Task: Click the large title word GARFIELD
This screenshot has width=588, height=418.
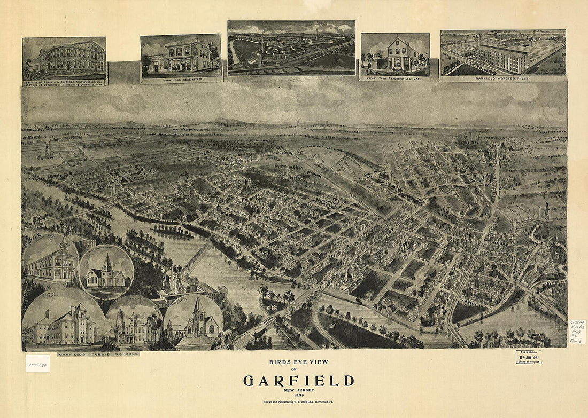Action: point(298,381)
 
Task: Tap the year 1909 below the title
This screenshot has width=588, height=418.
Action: point(298,395)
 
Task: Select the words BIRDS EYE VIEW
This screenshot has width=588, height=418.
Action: point(298,362)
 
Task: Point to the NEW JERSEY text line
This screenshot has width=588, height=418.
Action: point(298,390)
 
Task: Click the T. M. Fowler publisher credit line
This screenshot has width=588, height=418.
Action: point(298,401)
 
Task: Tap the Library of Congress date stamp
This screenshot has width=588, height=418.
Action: point(528,357)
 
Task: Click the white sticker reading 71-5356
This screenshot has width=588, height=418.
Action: point(37,363)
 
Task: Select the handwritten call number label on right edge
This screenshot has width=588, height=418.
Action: point(577,332)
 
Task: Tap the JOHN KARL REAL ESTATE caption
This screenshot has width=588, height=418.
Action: point(181,76)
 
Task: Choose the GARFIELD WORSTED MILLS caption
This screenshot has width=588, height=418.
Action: point(502,78)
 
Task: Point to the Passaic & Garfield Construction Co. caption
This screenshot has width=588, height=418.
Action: point(64,82)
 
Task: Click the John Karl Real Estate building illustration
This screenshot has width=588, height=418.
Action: point(181,54)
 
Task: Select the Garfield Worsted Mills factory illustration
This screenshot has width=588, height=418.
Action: point(502,52)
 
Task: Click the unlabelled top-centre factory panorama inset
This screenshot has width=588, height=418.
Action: point(291,48)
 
